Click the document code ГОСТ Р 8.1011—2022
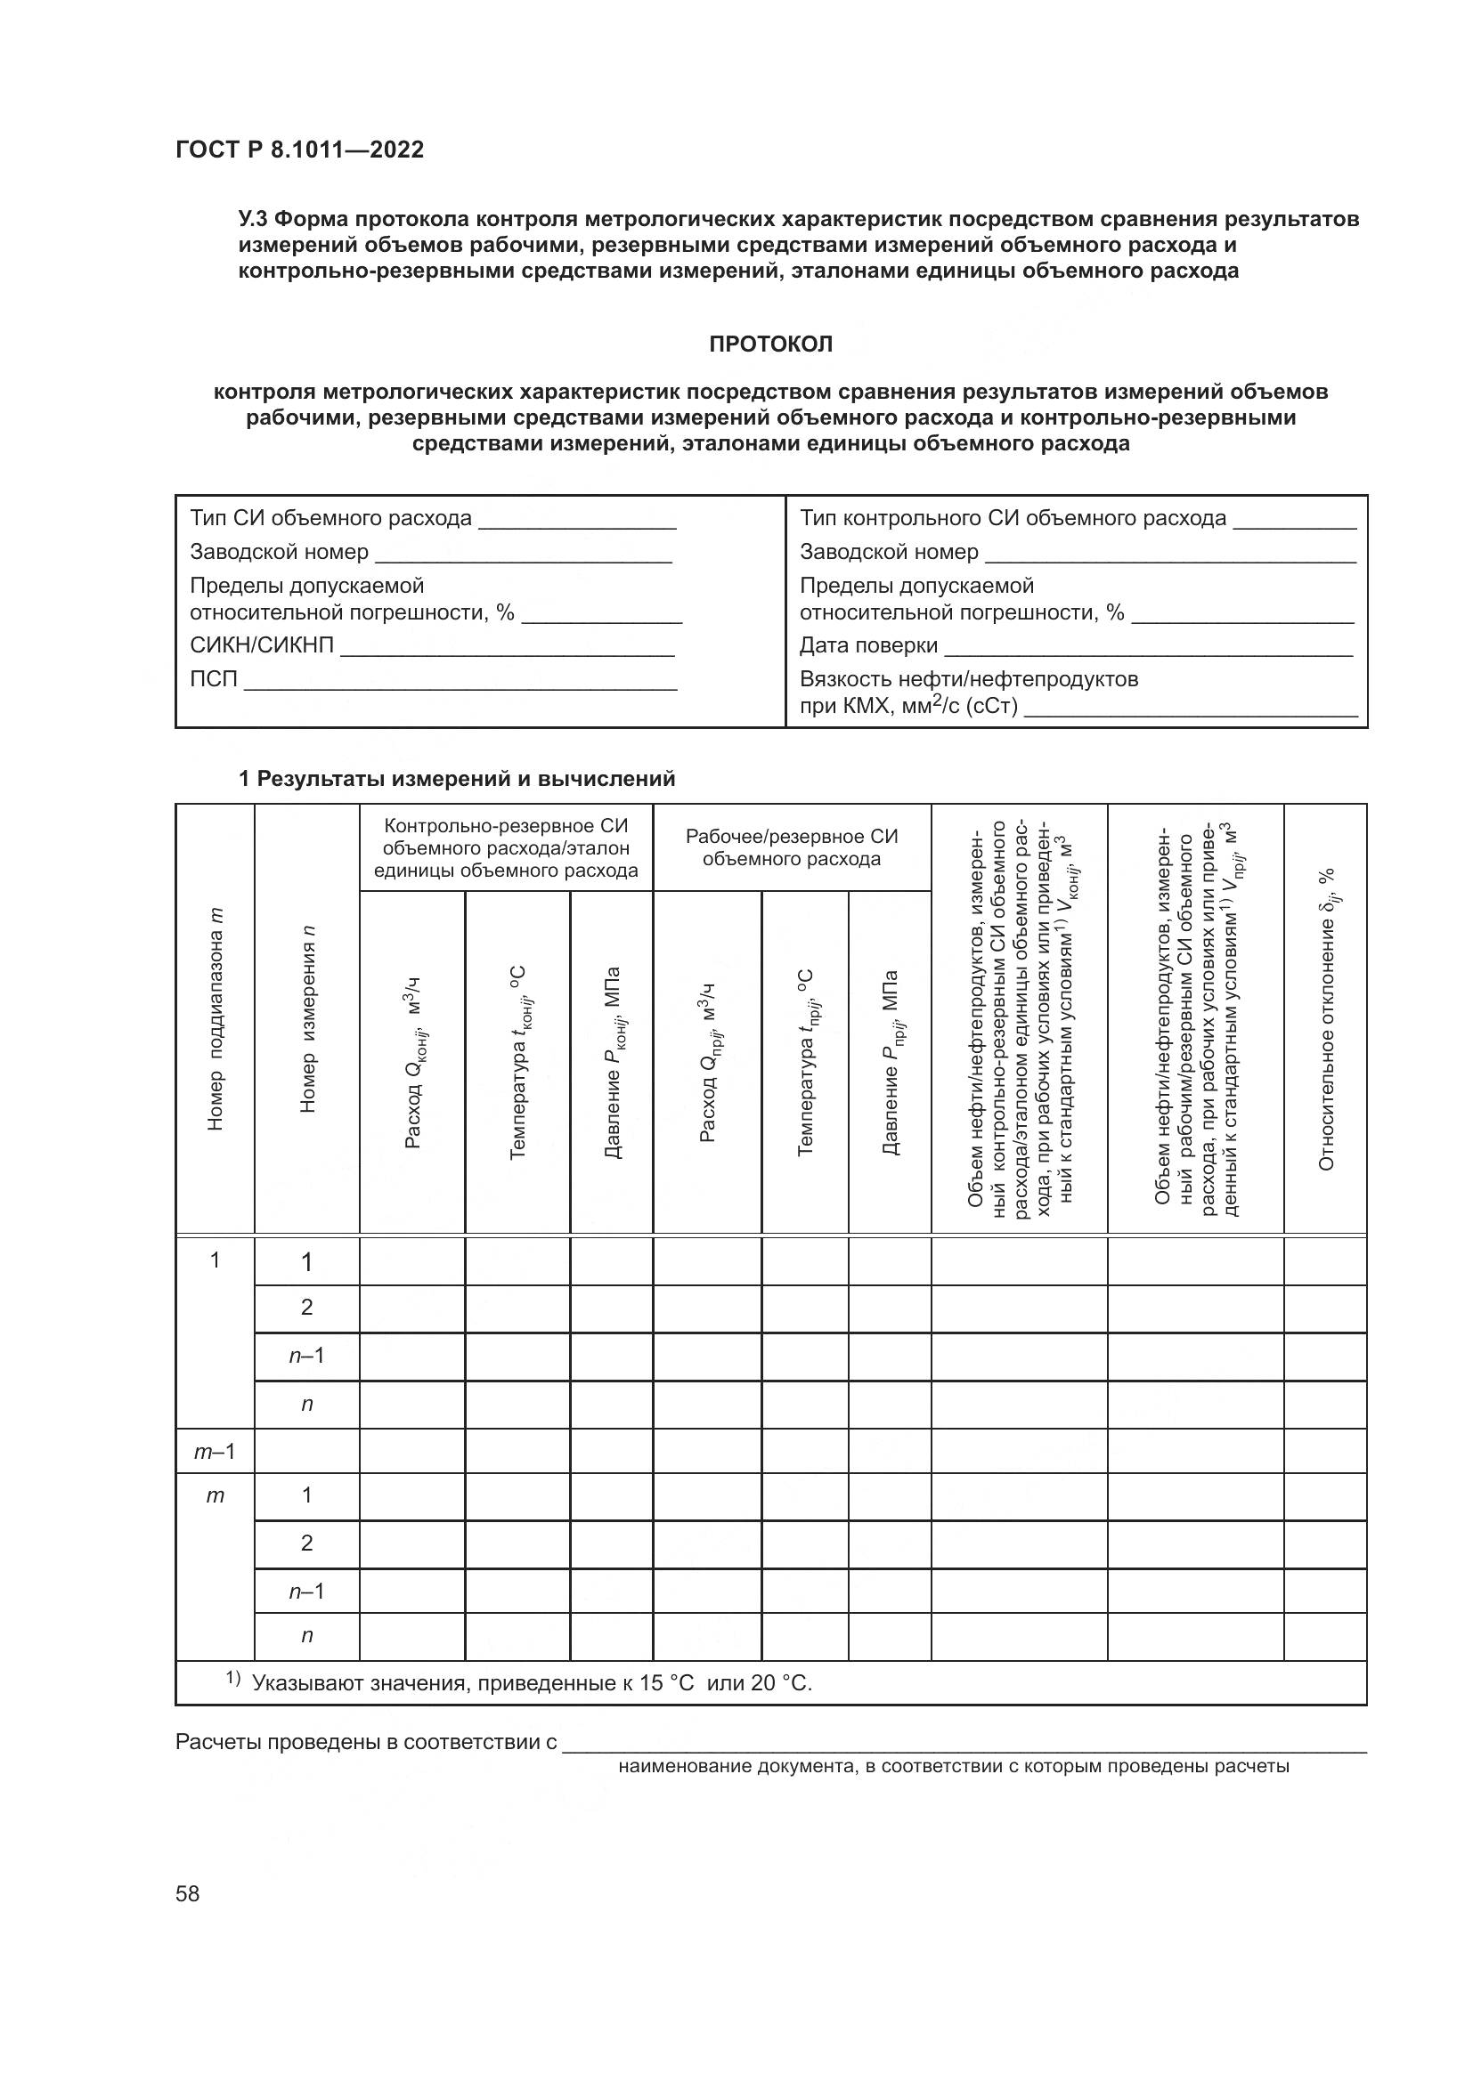click(x=299, y=150)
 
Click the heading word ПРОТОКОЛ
click(x=770, y=344)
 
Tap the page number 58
click(x=188, y=1893)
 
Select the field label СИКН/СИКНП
click(x=262, y=645)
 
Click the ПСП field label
click(x=213, y=679)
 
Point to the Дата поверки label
click(x=868, y=645)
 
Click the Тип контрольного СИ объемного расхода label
click(x=1013, y=519)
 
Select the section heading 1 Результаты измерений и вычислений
click(x=456, y=779)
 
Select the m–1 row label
click(x=215, y=1452)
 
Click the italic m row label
click(x=215, y=1495)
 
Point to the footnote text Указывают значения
click(x=531, y=1683)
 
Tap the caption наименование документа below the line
click(x=952, y=1766)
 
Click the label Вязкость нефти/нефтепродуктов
click(x=969, y=679)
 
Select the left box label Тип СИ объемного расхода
click(x=331, y=519)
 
